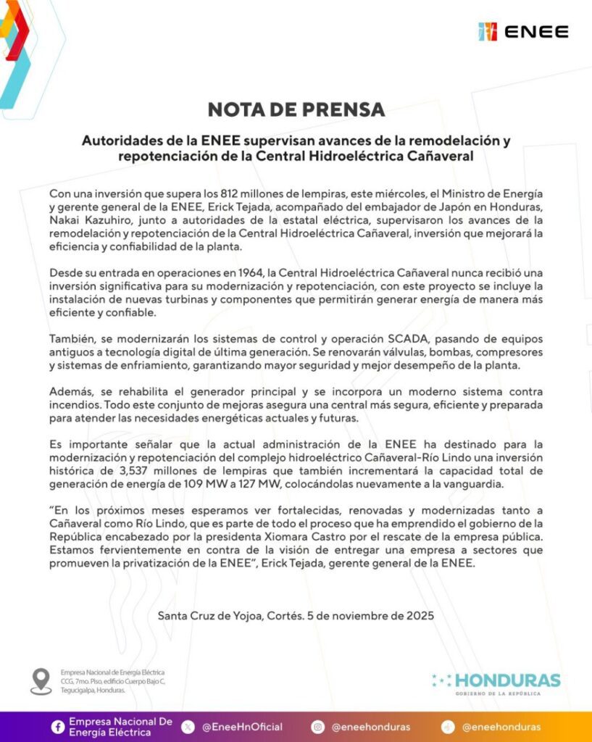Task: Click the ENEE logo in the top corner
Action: [x=523, y=32]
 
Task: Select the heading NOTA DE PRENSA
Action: [x=296, y=109]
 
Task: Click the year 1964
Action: [x=242, y=273]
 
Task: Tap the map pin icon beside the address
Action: [x=41, y=680]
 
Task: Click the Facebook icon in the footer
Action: [x=57, y=727]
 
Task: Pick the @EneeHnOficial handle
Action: [x=242, y=727]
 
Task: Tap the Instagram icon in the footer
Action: [x=317, y=727]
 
